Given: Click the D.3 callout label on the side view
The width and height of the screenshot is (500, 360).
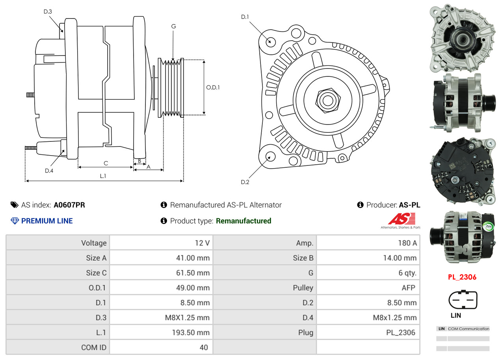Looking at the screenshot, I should [x=48, y=11].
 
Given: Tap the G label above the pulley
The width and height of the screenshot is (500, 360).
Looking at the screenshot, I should [x=173, y=26].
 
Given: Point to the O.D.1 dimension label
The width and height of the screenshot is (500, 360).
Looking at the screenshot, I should [x=213, y=87].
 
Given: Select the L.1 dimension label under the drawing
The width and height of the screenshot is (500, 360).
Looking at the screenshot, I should [x=103, y=176].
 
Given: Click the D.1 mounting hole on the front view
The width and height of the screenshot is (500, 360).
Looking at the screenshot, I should [x=270, y=41].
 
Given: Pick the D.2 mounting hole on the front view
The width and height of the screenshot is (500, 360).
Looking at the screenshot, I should [x=270, y=156].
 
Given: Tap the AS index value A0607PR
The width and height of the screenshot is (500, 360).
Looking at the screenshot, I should [x=69, y=205].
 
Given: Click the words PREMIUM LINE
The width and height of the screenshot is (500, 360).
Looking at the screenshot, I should [x=47, y=221].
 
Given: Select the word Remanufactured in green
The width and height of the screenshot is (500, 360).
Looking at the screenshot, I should [x=243, y=221].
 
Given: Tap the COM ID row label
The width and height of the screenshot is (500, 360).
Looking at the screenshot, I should [x=94, y=347].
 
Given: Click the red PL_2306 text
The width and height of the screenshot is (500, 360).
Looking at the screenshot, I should [x=462, y=277].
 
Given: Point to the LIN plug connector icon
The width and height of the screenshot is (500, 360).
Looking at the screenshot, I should [x=463, y=300].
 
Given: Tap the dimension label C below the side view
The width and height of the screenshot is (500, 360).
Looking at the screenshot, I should [x=106, y=163].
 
